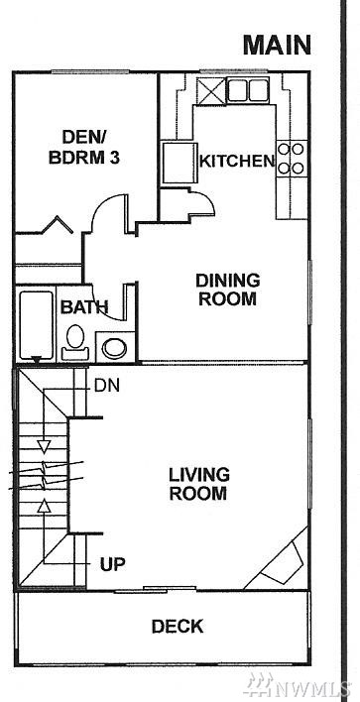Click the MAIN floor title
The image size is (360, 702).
pos(277,45)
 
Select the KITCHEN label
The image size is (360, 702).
pos(237,162)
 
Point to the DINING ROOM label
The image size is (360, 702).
pos(227,290)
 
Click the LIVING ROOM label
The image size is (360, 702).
pos(198,484)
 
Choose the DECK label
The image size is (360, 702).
pos(178,627)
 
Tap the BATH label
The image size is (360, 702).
pos(84,307)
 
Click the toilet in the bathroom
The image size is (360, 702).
pos(75,343)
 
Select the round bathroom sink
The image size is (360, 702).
pos(114,348)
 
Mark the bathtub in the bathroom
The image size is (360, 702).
pos(37,325)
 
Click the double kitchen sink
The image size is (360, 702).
pos(248,90)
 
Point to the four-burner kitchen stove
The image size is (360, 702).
pos(292,158)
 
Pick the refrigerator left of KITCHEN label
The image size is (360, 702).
pos(180,163)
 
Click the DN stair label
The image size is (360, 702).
pos(107,386)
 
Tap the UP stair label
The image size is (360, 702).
pos(112,564)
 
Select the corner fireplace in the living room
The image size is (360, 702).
pos(282,562)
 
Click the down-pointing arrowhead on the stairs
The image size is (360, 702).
pos(44,446)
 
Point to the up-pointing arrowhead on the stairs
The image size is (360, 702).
pos(44,506)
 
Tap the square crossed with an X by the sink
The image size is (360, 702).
pos(211,90)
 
